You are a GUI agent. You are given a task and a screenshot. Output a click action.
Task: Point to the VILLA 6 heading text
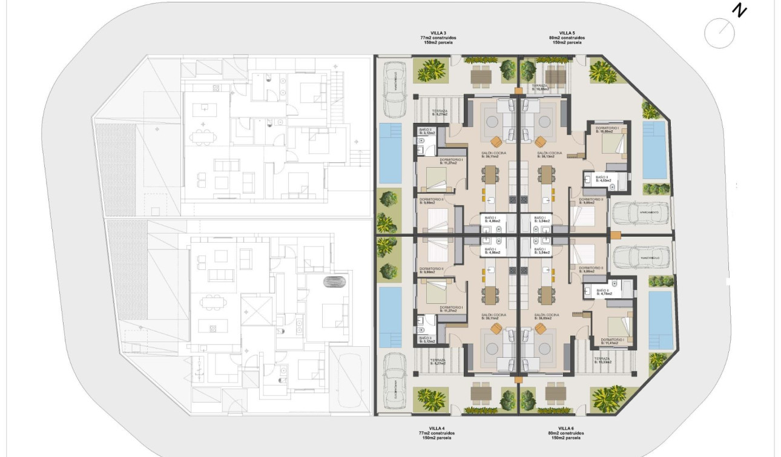(567, 428)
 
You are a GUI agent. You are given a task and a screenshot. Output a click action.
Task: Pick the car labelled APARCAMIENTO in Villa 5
(640, 213)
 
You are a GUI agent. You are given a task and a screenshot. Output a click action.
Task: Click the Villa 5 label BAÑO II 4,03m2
(604, 179)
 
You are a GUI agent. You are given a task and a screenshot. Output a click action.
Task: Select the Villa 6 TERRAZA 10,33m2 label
(602, 361)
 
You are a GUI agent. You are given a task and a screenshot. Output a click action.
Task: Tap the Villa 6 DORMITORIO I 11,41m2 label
(612, 341)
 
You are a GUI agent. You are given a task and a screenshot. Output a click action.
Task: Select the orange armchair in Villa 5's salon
(540, 141)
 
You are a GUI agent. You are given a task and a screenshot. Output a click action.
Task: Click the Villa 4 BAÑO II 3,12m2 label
(426, 340)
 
